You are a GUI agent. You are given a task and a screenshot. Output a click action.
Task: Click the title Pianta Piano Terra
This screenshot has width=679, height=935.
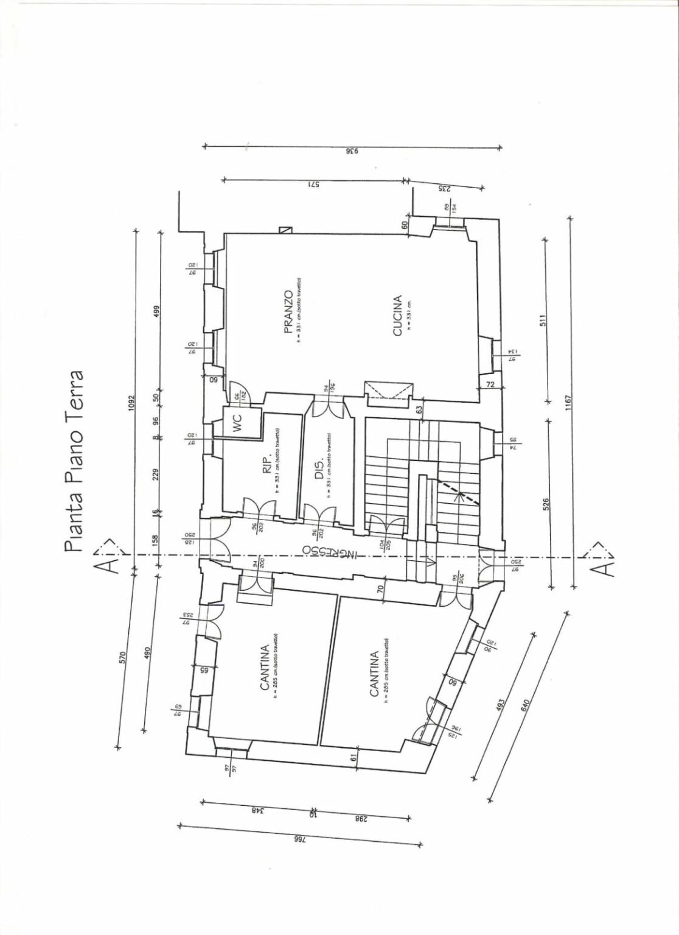point(75,460)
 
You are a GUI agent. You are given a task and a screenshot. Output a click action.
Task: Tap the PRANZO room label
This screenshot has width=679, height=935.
point(290,312)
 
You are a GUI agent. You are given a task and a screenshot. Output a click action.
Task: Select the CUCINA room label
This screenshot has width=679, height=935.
point(397,316)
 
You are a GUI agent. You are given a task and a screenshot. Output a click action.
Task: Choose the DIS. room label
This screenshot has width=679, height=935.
point(320,470)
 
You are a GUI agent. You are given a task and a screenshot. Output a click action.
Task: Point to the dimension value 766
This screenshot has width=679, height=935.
point(299,839)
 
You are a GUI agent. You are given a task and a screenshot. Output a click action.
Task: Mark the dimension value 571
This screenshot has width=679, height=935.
point(313,184)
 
